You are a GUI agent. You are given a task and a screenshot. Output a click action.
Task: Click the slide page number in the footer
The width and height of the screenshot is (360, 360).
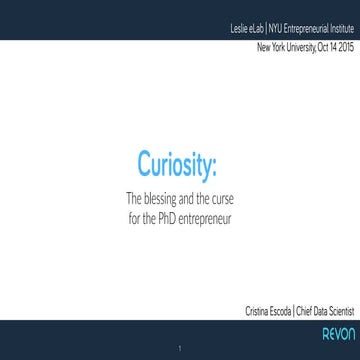[180, 348]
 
